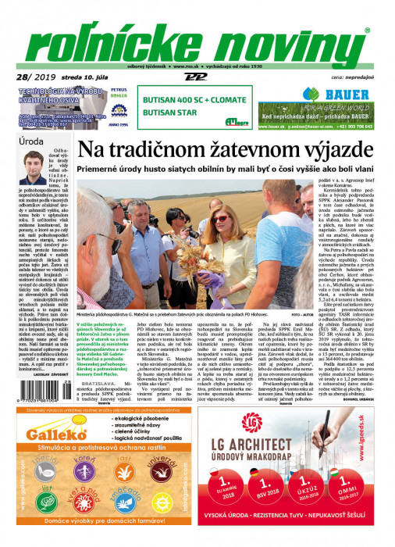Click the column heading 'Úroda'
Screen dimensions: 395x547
32,142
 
